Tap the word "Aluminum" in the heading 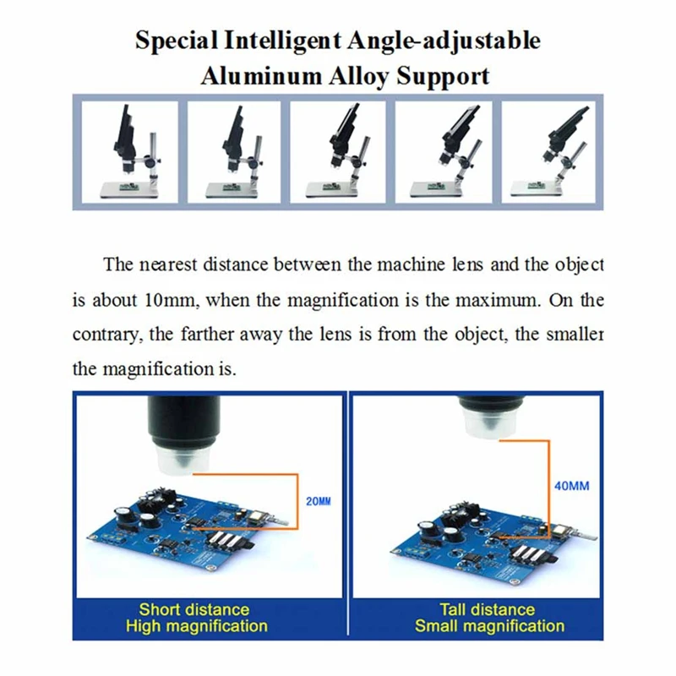point(261,76)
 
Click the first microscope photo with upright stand point(130,152)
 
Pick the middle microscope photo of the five point(337,152)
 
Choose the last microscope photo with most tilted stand point(548,152)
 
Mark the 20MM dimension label point(319,501)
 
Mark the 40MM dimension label point(572,486)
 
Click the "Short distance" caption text point(194,609)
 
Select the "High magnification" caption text point(197,626)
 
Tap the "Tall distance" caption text point(488,609)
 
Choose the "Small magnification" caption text point(490,626)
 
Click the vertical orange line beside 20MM point(297,501)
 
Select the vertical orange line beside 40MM point(548,489)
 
